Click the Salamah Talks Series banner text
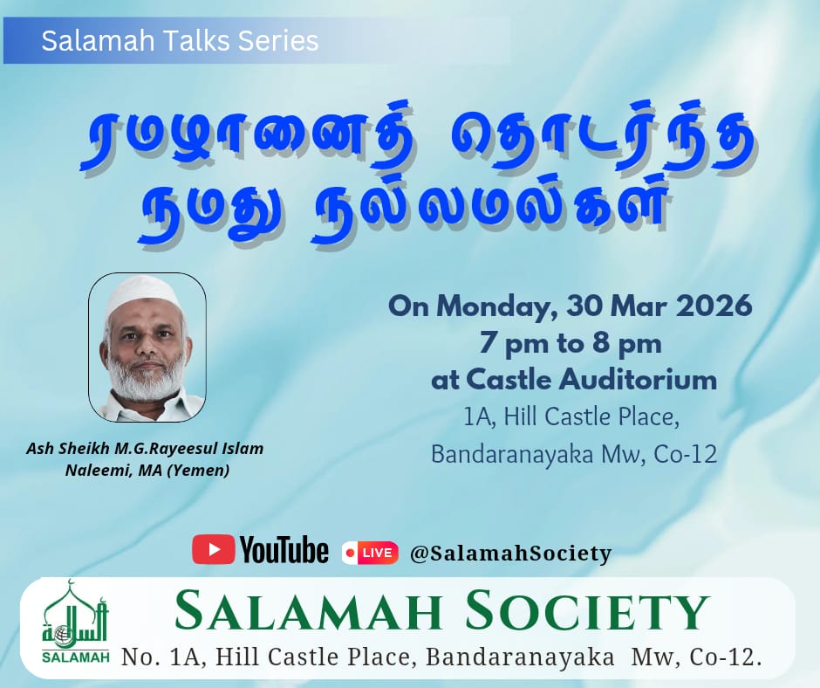[180, 40]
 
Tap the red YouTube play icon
[214, 549]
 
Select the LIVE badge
[370, 553]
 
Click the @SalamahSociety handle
[510, 554]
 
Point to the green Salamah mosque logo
[75, 621]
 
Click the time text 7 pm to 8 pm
[571, 345]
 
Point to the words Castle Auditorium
[591, 380]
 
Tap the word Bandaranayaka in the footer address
[520, 658]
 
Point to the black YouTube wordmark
[284, 549]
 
